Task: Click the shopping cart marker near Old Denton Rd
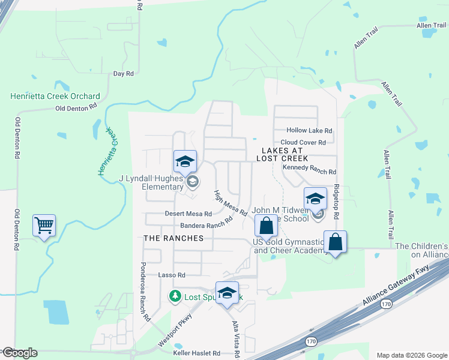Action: [44, 226]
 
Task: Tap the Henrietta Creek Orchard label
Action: [55, 96]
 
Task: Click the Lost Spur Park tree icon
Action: [175, 296]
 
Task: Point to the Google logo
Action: [19, 352]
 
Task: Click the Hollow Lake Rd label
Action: [309, 130]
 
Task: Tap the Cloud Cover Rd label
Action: [303, 142]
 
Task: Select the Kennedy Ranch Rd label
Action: [309, 171]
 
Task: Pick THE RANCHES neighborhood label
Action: [173, 238]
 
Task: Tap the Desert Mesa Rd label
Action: [188, 214]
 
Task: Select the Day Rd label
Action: [123, 73]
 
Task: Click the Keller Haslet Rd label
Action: [196, 353]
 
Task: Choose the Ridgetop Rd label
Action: [337, 202]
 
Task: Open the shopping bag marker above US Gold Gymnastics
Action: [267, 227]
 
